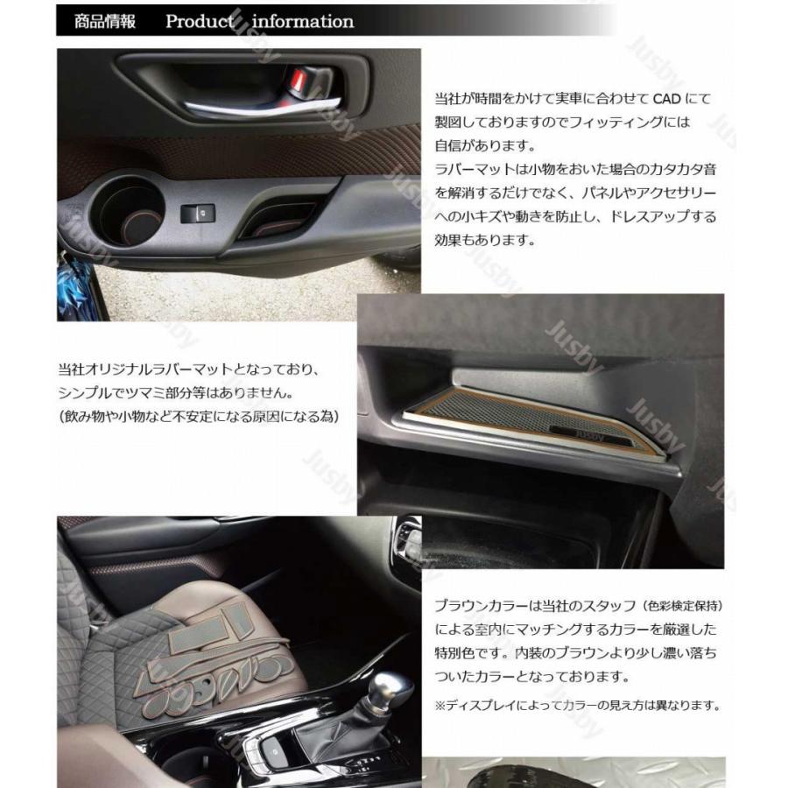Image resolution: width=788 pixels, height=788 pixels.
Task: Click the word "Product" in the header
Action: click(200, 21)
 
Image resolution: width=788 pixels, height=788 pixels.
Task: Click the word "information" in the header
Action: click(303, 21)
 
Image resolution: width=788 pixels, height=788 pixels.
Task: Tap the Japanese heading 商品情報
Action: click(104, 21)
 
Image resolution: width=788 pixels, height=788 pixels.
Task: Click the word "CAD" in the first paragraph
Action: click(666, 98)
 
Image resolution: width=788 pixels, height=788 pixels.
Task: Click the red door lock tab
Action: click(297, 80)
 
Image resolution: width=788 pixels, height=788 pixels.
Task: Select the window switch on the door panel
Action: click(198, 213)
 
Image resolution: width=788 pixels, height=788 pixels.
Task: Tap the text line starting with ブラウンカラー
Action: click(578, 606)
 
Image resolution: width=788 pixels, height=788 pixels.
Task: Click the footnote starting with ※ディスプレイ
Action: click(578, 705)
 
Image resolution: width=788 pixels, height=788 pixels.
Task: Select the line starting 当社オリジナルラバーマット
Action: click(189, 369)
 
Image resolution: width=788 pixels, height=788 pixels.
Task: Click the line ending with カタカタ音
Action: click(575, 169)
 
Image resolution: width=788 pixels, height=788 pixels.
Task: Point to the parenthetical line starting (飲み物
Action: click(199, 417)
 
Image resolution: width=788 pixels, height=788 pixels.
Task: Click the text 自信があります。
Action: click(485, 145)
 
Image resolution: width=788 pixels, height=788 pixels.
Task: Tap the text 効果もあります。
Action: click(485, 240)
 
